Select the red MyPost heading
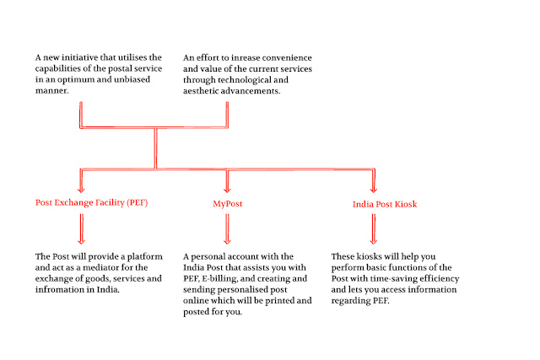click(x=228, y=203)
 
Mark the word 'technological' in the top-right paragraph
click(x=251, y=83)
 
